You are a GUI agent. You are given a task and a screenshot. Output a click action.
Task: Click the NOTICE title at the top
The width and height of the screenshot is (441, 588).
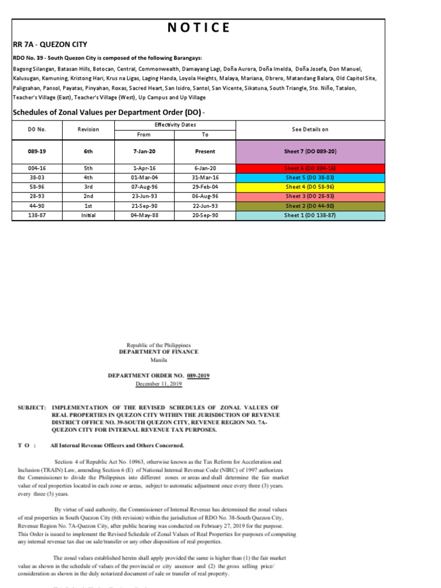click(198, 28)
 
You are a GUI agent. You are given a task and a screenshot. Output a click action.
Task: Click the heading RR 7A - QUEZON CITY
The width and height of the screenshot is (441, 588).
click(50, 44)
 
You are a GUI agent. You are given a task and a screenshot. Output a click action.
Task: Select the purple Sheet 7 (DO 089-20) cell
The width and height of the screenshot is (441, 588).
click(310, 152)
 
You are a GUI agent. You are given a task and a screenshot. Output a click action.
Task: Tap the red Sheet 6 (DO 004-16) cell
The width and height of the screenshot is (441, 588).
click(310, 168)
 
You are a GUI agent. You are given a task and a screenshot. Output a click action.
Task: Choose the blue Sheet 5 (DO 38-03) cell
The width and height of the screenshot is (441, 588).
click(310, 177)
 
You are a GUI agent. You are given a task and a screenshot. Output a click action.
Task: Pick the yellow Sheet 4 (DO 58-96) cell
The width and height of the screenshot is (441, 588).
click(310, 187)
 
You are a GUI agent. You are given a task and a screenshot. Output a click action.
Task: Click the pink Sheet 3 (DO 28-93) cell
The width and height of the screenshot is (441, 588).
click(310, 196)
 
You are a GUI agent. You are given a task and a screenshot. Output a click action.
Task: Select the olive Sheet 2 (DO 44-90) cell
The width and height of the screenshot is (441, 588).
click(310, 206)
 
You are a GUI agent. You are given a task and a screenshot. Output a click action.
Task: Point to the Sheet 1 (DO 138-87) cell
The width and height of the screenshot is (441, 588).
click(310, 215)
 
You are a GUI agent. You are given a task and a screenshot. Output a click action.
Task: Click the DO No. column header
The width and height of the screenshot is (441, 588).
click(37, 130)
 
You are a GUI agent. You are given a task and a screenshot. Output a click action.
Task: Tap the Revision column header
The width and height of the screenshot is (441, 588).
click(88, 130)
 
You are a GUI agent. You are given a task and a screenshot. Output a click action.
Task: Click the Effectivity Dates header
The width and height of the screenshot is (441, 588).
click(175, 125)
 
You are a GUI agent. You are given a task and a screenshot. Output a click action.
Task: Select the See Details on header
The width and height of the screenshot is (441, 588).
click(310, 130)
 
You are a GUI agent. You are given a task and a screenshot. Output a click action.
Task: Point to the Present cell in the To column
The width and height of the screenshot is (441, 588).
click(205, 152)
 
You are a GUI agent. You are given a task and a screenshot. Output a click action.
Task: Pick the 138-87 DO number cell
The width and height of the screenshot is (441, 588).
click(37, 215)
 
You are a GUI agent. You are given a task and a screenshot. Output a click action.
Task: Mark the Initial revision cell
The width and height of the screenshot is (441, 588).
click(88, 215)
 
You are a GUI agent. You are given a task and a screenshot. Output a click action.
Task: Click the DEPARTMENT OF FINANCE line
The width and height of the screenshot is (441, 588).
click(158, 351)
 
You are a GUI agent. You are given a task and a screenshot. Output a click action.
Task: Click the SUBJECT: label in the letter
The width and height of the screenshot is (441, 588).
click(31, 407)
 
